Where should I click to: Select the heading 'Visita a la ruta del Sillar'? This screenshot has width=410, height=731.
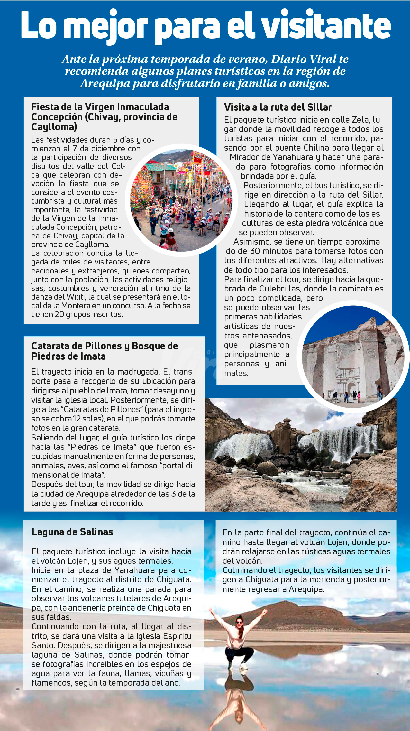point(278,107)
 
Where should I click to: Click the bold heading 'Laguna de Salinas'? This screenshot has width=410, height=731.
point(72,532)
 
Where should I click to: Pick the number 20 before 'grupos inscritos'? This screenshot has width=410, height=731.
point(59,314)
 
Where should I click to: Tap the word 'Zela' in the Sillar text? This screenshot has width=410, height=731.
point(361,120)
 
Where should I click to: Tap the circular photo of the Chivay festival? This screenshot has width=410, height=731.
point(181,200)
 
